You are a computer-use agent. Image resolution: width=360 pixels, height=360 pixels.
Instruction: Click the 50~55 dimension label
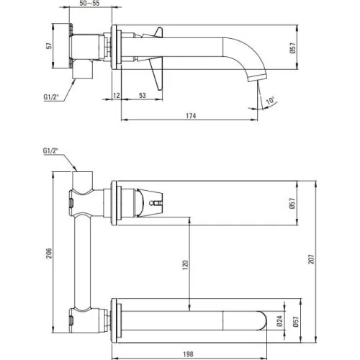tap(89, 4)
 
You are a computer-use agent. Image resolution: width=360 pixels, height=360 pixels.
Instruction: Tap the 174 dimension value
tap(191, 116)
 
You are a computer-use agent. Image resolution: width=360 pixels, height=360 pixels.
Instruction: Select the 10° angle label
tap(271, 100)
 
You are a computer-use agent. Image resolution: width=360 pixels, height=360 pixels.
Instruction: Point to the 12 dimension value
tap(117, 95)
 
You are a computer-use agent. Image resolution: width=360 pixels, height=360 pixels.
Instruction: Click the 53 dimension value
tap(143, 95)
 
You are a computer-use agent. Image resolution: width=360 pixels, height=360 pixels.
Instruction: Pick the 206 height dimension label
tap(49, 253)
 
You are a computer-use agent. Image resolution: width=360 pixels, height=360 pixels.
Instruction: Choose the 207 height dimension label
tap(311, 259)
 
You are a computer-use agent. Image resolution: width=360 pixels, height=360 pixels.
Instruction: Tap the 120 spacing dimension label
tap(185, 265)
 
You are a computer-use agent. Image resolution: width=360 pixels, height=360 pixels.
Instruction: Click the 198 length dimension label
tap(188, 354)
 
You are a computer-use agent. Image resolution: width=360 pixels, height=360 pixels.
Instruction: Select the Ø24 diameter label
tap(279, 321)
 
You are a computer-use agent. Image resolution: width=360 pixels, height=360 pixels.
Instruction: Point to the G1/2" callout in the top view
tap(51, 97)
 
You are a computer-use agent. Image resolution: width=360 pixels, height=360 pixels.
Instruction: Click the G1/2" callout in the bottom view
tap(51, 150)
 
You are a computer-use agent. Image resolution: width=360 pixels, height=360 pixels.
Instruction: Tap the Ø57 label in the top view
tap(292, 48)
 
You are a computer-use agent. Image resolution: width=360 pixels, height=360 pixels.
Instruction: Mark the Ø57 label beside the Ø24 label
tap(296, 321)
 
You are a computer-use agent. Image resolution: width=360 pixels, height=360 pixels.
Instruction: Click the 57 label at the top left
tap(49, 45)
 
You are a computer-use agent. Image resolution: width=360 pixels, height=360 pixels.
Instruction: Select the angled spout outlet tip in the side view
tap(257, 78)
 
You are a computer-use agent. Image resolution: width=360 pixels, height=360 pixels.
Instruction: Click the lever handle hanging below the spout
tap(156, 74)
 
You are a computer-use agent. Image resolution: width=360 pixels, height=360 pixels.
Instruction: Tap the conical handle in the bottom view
tap(149, 203)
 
